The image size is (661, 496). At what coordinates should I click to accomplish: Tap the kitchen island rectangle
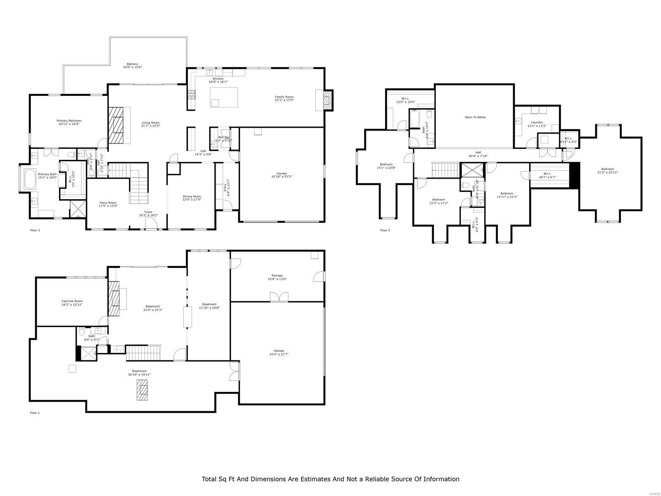[224, 97]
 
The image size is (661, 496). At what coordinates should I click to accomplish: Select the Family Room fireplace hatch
[328, 100]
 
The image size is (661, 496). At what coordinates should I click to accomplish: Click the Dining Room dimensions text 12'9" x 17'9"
[192, 200]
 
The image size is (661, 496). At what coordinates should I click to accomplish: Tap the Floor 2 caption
[35, 230]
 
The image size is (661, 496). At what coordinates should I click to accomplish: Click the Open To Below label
[475, 117]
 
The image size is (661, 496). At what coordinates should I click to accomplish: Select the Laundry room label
[537, 122]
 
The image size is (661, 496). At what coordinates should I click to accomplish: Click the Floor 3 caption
[385, 230]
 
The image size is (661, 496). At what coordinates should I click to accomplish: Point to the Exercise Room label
[72, 301]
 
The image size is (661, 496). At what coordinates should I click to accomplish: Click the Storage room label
[277, 275]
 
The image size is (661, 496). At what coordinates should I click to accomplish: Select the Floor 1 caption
[35, 413]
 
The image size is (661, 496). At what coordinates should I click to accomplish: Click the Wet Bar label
[224, 137]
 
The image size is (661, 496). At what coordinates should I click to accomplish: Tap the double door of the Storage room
[279, 297]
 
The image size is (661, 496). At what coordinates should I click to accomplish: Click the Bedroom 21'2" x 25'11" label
[607, 169]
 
